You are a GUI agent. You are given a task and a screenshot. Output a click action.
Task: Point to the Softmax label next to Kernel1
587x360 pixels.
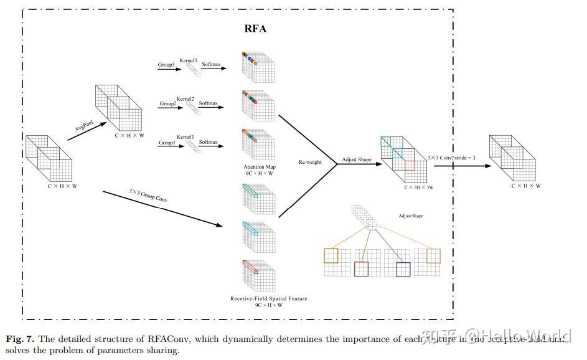point(209,142)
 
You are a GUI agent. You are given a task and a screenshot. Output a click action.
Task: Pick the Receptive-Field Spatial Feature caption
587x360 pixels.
point(268,299)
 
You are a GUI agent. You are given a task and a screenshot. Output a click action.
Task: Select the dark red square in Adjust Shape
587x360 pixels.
point(361,269)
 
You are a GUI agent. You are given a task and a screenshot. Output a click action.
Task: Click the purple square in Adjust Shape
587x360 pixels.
point(403,270)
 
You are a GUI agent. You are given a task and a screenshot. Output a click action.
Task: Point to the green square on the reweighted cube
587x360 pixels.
point(386,142)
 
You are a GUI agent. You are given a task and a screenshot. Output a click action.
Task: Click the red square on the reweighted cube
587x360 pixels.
point(409,165)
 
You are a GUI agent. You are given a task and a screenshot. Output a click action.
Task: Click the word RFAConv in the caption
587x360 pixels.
point(170,339)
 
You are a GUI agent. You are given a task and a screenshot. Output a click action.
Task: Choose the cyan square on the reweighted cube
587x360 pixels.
point(397,153)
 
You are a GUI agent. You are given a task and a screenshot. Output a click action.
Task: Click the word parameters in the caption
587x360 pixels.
point(97,351)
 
